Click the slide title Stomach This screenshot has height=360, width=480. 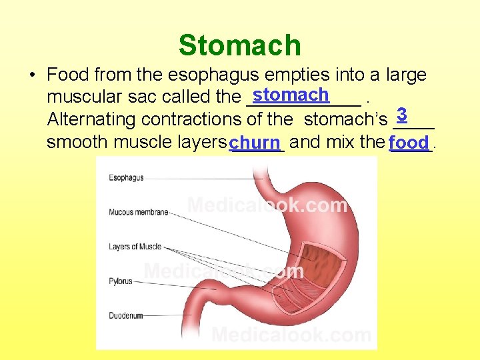240,45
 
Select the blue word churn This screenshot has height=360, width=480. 257,143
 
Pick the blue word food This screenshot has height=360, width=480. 409,143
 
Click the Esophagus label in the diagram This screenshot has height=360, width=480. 126,178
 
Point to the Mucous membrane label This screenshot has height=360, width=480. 138,213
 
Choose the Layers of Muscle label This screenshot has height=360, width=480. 135,247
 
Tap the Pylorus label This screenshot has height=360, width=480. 121,281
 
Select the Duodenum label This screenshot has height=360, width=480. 125,315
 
